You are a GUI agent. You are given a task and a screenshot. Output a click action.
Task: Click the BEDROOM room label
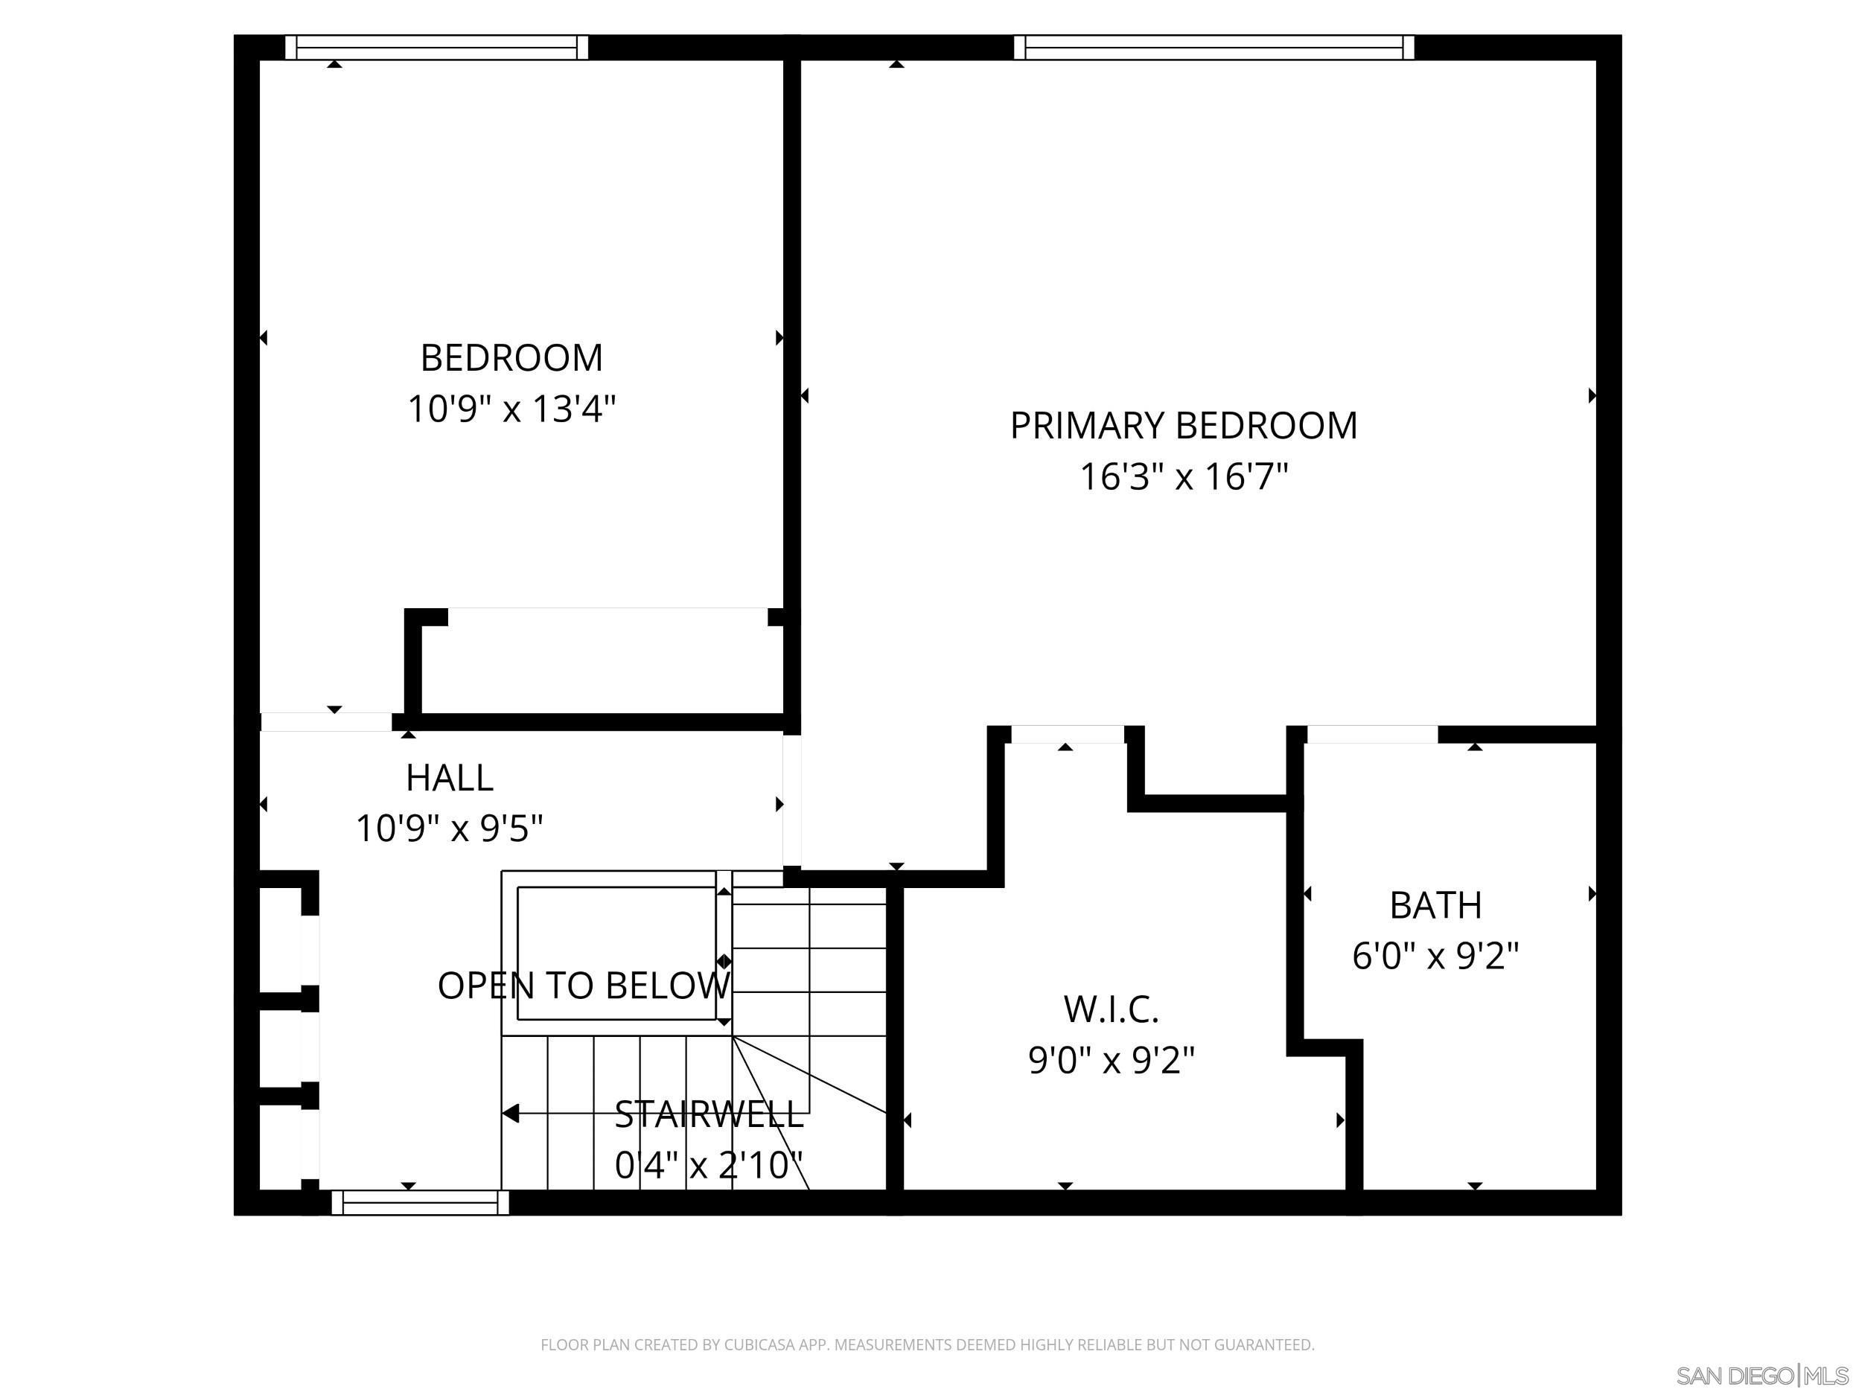(x=511, y=358)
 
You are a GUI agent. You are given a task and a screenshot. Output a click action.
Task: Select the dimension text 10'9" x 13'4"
(x=511, y=409)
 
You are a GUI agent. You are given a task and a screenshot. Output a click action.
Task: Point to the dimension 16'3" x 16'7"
(x=1183, y=476)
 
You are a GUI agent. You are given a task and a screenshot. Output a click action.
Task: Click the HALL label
(x=449, y=778)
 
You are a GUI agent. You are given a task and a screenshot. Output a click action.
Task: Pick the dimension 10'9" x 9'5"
(x=449, y=829)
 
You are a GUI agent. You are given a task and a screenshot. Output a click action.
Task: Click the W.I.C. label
(x=1111, y=1009)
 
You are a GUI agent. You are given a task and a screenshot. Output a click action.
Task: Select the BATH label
(x=1435, y=905)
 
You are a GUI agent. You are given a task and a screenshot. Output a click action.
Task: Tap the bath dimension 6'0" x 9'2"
(x=1435, y=956)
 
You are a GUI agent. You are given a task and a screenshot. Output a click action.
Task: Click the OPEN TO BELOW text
(x=583, y=985)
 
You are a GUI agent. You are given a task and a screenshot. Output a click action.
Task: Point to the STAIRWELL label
(x=709, y=1114)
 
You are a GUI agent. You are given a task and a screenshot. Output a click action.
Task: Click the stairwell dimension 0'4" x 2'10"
(x=709, y=1166)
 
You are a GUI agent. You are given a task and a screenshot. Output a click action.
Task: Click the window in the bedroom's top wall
(x=436, y=48)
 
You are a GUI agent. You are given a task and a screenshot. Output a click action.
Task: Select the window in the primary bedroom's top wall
(x=1214, y=48)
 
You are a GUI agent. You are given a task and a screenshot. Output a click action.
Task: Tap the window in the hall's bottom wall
(x=421, y=1202)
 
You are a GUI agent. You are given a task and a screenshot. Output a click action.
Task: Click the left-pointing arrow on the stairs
(x=511, y=1114)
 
